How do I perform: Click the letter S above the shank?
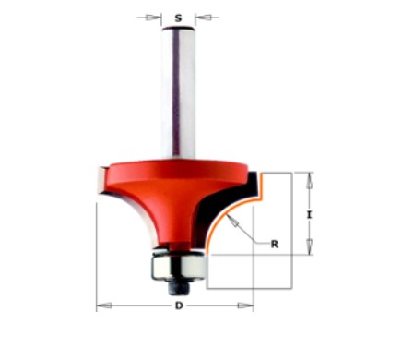tap(178, 16)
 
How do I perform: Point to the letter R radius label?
tap(274, 244)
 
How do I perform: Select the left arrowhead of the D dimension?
tap(101, 306)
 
